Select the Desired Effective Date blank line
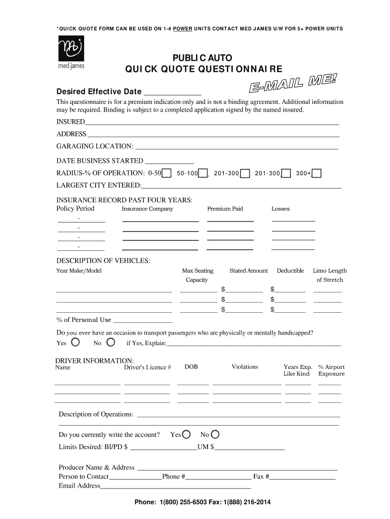pyautogui.click(x=173, y=92)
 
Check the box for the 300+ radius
pyautogui.click(x=317, y=174)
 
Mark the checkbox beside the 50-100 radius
pyautogui.click(x=203, y=174)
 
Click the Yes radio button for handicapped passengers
pyautogui.click(x=75, y=343)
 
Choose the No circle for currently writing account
pyautogui.click(x=215, y=434)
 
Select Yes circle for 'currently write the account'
pyautogui.click(x=186, y=434)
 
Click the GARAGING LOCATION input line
pyautogui.click(x=237, y=147)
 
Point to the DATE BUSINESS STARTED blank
pyautogui.click(x=170, y=162)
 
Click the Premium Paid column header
pyautogui.click(x=225, y=209)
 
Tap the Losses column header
pyautogui.click(x=281, y=209)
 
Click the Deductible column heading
pyautogui.click(x=290, y=271)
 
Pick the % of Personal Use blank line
pyautogui.click(x=142, y=321)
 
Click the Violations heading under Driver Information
pyautogui.click(x=245, y=367)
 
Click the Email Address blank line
pyautogui.click(x=176, y=487)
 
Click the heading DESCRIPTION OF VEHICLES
pyautogui.click(x=103, y=261)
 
